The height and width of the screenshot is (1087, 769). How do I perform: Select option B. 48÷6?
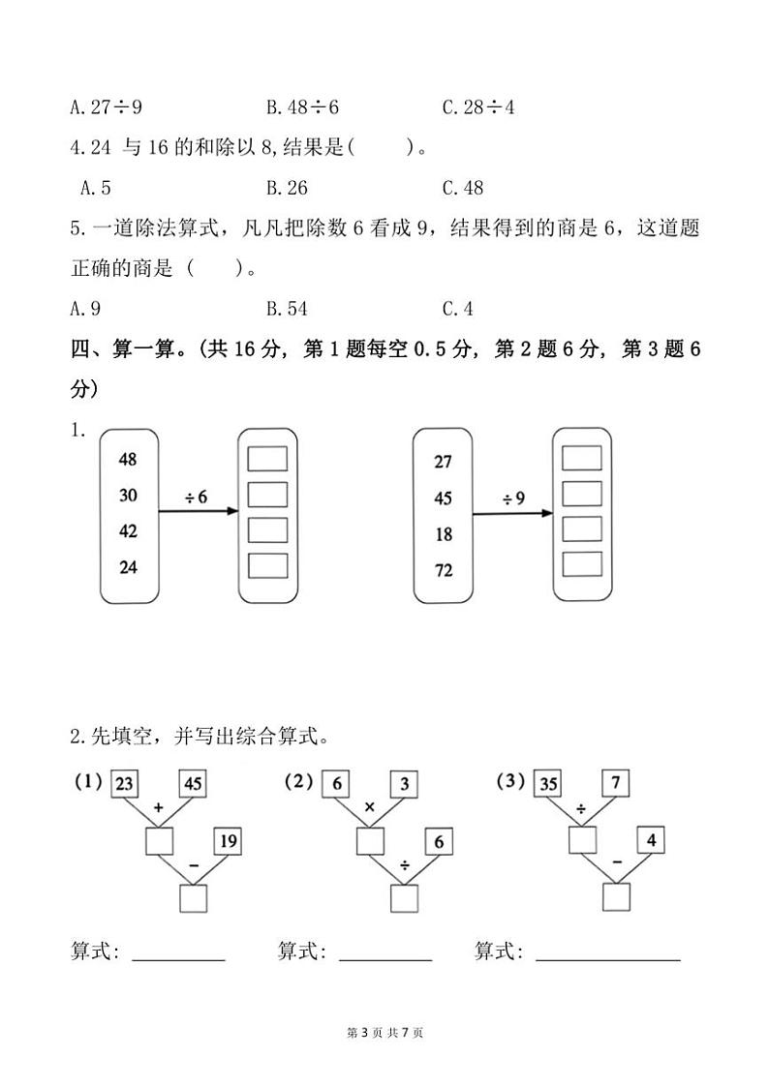302,107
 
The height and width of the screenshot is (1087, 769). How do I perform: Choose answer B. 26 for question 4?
287,188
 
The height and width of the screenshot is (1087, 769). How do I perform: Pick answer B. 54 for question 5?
287,309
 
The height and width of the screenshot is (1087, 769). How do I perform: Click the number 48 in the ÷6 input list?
128,460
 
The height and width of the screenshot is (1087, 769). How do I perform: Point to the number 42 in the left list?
128,531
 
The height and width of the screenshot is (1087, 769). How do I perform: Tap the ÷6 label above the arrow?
196,497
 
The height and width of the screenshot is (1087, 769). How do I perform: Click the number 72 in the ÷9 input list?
444,571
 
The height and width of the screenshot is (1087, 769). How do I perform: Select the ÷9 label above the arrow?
513,498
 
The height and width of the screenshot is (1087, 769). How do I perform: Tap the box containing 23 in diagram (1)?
124,785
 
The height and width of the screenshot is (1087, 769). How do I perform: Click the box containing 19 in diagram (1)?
228,841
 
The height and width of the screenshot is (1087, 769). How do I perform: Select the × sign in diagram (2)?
368,807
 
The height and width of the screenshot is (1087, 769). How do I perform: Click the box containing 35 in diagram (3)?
547,785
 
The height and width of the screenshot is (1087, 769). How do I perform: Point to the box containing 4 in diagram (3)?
651,840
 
